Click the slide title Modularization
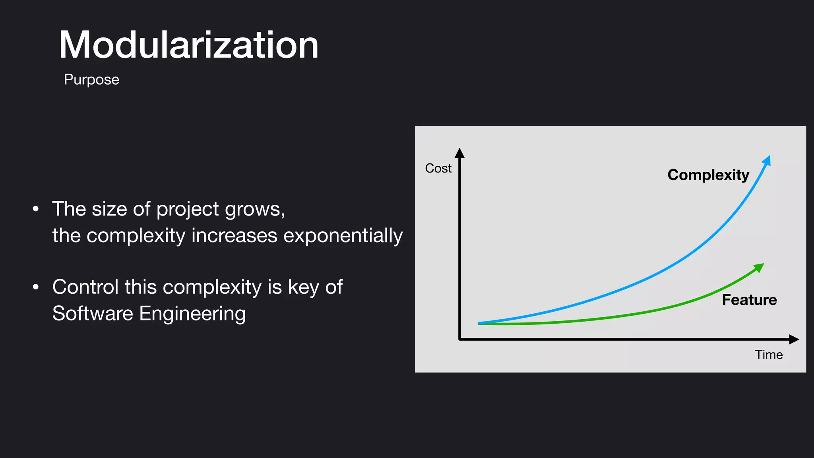click(188, 45)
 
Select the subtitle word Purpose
click(91, 80)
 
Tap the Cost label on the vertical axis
click(438, 168)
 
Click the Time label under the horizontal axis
click(769, 355)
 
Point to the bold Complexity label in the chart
click(708, 175)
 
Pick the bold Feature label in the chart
click(749, 300)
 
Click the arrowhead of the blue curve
click(767, 160)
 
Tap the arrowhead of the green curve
click(760, 267)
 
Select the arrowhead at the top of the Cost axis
click(459, 153)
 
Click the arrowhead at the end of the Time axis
click(794, 339)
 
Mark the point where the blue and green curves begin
click(479, 324)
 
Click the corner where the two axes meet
click(460, 339)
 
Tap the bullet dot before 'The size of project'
click(36, 209)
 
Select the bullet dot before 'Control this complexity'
click(36, 287)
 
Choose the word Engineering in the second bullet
click(192, 313)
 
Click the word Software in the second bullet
click(93, 313)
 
